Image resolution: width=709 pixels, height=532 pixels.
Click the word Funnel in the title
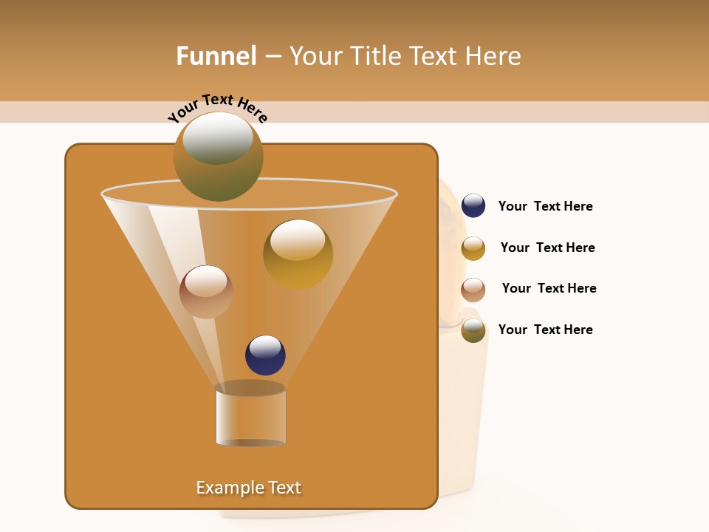[x=216, y=56]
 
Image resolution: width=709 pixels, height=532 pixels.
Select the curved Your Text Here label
[x=217, y=109]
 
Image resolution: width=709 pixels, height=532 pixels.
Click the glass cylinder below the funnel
[x=250, y=415]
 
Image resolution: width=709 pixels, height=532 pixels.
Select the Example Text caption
[x=248, y=488]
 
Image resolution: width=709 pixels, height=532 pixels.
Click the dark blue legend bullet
[x=473, y=206]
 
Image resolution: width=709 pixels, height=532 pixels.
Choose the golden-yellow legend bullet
[x=473, y=248]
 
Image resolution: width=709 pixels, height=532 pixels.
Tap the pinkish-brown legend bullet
[x=473, y=290]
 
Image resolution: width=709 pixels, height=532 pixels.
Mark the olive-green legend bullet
[x=473, y=330]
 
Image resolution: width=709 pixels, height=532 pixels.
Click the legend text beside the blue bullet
[x=545, y=207]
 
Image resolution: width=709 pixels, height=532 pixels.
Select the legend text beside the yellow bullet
[x=547, y=248]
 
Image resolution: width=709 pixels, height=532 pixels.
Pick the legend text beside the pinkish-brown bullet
[x=549, y=289]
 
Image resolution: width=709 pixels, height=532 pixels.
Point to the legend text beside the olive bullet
[x=545, y=330]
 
